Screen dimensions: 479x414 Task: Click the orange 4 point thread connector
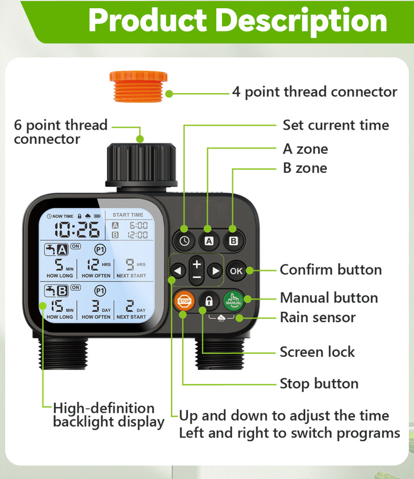point(138,85)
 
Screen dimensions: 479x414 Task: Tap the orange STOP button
point(184,301)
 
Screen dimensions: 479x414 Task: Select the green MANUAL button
point(233,301)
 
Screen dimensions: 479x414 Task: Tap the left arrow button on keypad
point(179,271)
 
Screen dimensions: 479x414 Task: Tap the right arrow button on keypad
point(214,271)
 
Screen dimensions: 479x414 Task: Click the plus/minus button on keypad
point(197,270)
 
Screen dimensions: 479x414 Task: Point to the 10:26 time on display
point(78,229)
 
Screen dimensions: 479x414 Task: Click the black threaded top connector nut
point(141,165)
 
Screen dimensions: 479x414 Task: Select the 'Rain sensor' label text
point(317,317)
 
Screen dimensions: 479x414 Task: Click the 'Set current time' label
point(335,125)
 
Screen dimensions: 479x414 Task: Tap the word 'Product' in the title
point(147,21)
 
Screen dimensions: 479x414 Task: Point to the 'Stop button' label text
point(319,384)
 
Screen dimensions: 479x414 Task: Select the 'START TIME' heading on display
point(128,215)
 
